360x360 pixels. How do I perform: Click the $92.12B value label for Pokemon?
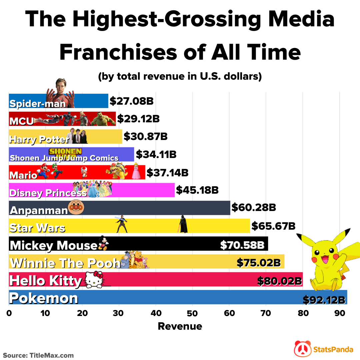pyautogui.click(x=324, y=300)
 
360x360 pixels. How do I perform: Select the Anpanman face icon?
pyautogui.click(x=76, y=208)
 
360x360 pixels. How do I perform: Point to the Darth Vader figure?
pyautogui.click(x=183, y=224)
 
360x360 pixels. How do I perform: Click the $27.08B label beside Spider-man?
pyautogui.click(x=132, y=101)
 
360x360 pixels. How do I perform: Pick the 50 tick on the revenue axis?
pyautogui.click(x=192, y=313)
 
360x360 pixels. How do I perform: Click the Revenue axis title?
pyautogui.click(x=180, y=326)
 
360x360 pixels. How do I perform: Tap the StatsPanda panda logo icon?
pyautogui.click(x=302, y=349)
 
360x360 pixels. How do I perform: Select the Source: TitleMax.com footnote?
pyautogui.click(x=38, y=355)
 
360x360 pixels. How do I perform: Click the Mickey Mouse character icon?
pyautogui.click(x=103, y=243)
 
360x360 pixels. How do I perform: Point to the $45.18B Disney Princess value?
pyautogui.click(x=197, y=190)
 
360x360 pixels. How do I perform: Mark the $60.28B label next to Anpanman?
pyautogui.click(x=254, y=208)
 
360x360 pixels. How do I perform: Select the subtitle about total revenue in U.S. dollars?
pyautogui.click(x=180, y=76)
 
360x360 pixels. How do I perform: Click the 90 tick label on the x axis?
pyautogui.click(x=339, y=313)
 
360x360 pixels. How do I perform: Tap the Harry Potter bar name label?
pyautogui.click(x=39, y=139)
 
